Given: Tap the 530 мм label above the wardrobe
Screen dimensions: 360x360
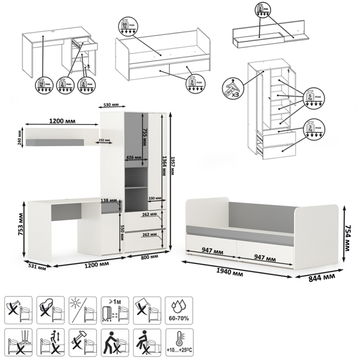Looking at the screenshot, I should [111, 104].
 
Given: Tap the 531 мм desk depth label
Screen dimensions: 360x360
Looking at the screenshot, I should [38, 267].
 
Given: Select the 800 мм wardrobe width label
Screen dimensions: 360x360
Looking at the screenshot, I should [149, 257].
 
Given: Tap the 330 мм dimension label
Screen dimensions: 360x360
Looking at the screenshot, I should [154, 198].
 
